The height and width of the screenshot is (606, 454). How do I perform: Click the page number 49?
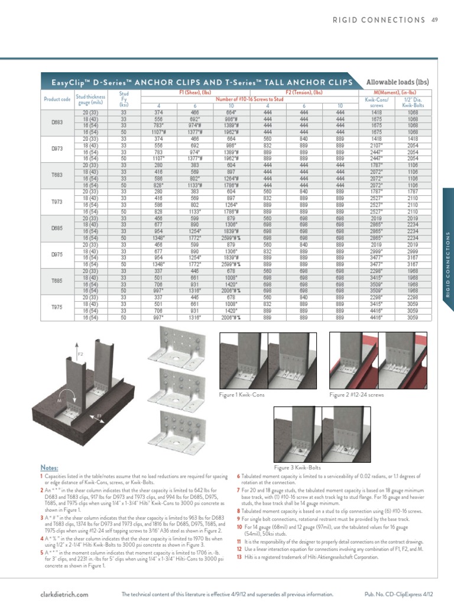click(x=434, y=20)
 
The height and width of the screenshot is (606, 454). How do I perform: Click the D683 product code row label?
click(x=57, y=122)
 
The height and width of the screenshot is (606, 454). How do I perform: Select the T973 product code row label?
click(x=57, y=202)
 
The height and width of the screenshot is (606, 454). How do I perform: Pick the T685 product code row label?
click(x=57, y=282)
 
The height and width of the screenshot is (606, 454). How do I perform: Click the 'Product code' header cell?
click(x=57, y=99)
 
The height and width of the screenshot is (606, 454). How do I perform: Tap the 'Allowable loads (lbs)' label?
click(x=397, y=82)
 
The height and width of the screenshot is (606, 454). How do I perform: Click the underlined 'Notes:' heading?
click(x=49, y=468)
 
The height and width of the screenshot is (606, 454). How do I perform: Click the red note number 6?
click(x=238, y=476)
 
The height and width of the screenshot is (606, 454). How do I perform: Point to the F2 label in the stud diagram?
click(x=81, y=353)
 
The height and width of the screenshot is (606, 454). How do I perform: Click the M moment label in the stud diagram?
click(x=59, y=401)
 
